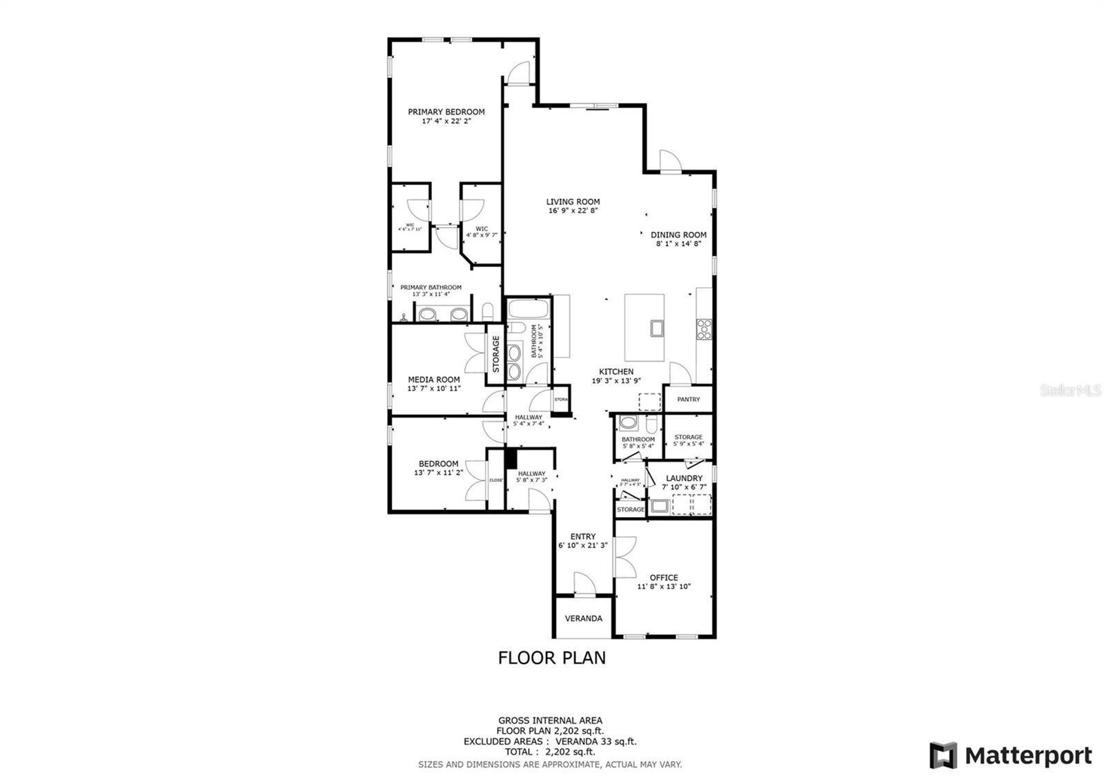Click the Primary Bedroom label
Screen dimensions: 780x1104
point(446,112)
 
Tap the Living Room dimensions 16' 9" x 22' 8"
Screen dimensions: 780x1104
point(573,211)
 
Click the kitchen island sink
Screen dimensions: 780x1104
point(655,328)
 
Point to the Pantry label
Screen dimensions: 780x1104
point(688,399)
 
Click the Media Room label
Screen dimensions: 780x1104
point(433,379)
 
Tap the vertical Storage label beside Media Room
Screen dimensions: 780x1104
point(495,353)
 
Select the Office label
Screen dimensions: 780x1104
point(663,578)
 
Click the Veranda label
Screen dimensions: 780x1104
point(584,618)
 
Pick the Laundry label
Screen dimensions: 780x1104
point(684,478)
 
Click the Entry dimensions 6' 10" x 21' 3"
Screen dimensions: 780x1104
point(583,545)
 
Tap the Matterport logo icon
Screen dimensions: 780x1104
point(943,755)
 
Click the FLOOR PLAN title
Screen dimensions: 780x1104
point(552,658)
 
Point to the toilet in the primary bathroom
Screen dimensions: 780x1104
point(487,310)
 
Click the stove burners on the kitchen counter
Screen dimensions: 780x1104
point(704,329)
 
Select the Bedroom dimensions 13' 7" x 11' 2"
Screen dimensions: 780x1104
point(438,473)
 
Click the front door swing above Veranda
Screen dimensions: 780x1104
point(584,583)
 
